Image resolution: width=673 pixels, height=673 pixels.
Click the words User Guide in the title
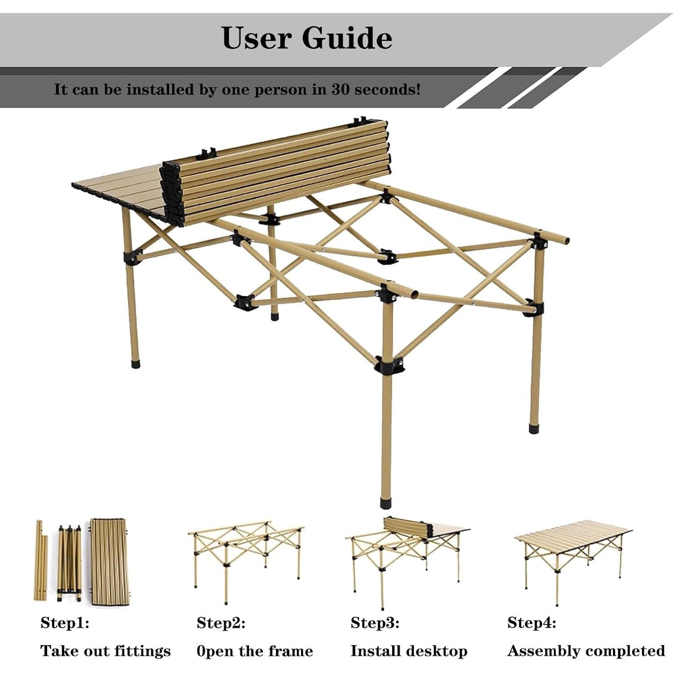click(307, 38)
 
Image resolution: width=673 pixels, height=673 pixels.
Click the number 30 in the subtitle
click(341, 89)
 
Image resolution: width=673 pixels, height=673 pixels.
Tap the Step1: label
click(65, 623)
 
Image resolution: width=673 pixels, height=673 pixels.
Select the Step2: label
click(221, 623)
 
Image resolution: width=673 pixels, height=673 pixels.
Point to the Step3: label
click(375, 623)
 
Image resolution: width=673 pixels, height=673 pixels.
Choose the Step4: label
click(532, 623)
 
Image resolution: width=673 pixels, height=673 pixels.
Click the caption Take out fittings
click(105, 651)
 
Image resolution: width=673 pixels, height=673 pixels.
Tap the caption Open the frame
click(255, 651)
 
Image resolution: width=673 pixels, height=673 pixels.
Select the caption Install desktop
click(409, 651)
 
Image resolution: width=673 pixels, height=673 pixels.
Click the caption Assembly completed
click(586, 651)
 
